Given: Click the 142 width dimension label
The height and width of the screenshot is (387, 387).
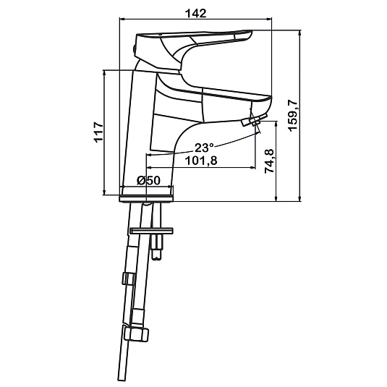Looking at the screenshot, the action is [196, 13].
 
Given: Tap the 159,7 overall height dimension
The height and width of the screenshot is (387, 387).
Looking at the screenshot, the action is [293, 115].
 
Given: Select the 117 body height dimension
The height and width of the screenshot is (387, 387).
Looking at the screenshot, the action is [98, 132].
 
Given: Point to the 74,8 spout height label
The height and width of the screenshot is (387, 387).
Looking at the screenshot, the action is [269, 161].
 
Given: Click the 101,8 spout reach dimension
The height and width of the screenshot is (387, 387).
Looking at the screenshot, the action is [201, 161].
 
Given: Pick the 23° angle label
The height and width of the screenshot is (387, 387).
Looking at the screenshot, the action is [204, 148].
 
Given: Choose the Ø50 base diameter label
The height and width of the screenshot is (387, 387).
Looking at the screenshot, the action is [148, 180].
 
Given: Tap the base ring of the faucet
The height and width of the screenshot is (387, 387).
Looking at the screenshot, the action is [146, 198].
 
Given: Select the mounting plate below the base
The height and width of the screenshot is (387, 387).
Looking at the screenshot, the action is [151, 231].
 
